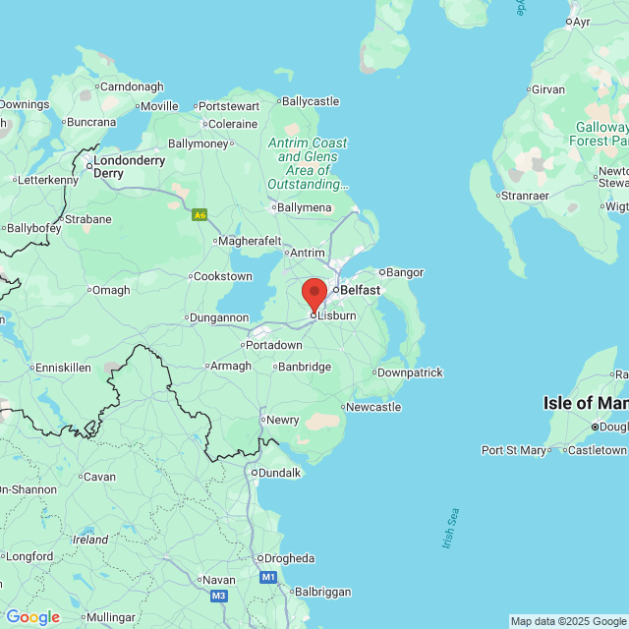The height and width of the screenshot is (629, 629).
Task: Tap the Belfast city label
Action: coord(360,290)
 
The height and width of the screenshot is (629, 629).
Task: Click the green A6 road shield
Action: coord(200,214)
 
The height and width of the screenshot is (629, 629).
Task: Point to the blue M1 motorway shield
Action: coord(268,578)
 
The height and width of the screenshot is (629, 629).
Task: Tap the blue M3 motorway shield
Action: coord(218,596)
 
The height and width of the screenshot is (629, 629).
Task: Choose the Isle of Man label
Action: coord(585,403)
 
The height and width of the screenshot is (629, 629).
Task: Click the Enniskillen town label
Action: coord(62,367)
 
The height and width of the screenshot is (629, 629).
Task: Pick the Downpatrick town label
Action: coord(410,372)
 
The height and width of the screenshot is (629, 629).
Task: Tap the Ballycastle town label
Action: coord(310,100)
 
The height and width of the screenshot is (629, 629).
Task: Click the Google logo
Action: coord(32,617)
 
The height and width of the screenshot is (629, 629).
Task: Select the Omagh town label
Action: coord(109,289)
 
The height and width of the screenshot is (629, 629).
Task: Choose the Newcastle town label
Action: coord(373,407)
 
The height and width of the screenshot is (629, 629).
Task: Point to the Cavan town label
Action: coord(98,477)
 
